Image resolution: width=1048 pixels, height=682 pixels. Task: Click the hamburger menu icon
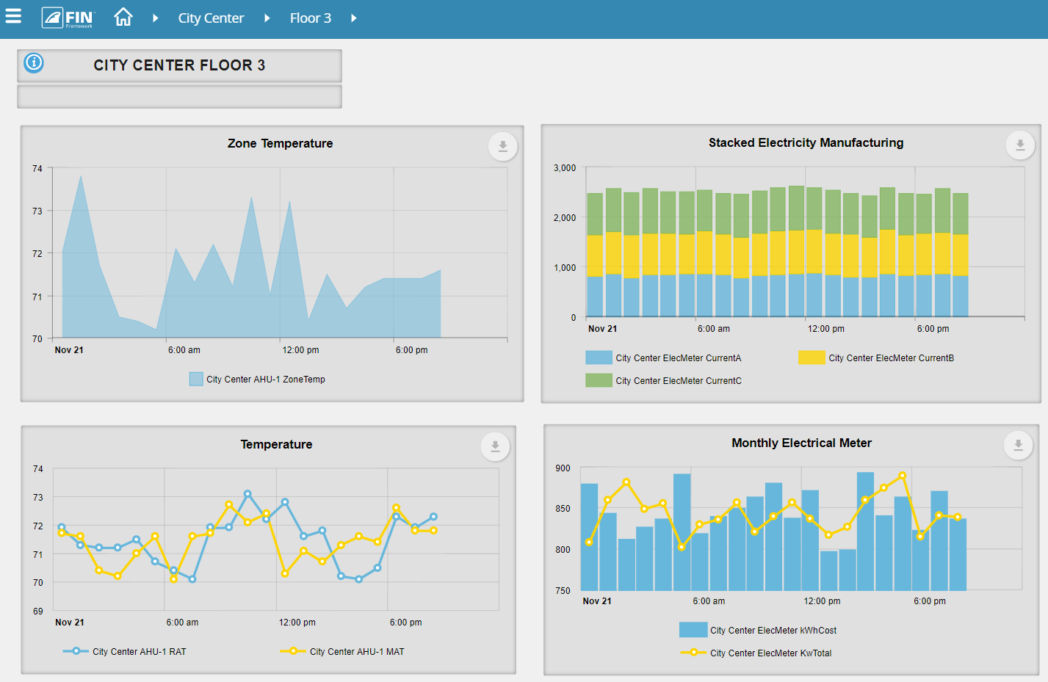pos(13,16)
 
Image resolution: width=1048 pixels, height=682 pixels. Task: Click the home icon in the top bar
pos(123,17)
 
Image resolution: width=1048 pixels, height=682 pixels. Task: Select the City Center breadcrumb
pos(211,18)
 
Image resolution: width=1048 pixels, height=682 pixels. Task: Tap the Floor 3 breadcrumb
pos(310,18)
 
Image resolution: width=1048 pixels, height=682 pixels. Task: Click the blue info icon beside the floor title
pos(34,63)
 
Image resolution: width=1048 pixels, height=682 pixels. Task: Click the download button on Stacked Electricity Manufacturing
pos(1019,145)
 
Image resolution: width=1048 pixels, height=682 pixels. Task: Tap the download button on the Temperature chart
pos(495,446)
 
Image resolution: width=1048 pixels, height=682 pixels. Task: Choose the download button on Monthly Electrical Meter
pos(1018,445)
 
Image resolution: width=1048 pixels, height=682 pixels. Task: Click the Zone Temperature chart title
pos(280,144)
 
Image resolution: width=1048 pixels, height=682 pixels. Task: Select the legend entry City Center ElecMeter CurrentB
pos(890,358)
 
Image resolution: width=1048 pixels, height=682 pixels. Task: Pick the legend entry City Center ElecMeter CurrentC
pos(678,381)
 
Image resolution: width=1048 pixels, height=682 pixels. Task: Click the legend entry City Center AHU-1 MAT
pos(356,652)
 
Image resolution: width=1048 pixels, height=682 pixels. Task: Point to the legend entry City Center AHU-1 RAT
pos(139,652)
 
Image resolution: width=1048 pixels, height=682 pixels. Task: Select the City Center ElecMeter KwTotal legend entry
pos(770,653)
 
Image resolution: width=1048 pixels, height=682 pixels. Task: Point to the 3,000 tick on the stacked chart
pos(565,168)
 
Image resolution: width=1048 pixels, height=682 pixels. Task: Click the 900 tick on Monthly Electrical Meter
pos(563,468)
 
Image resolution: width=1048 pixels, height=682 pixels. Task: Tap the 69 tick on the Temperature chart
pos(38,612)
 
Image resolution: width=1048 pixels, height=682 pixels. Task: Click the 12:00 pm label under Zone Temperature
pos(300,350)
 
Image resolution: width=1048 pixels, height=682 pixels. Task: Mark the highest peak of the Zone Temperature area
pos(81,175)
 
